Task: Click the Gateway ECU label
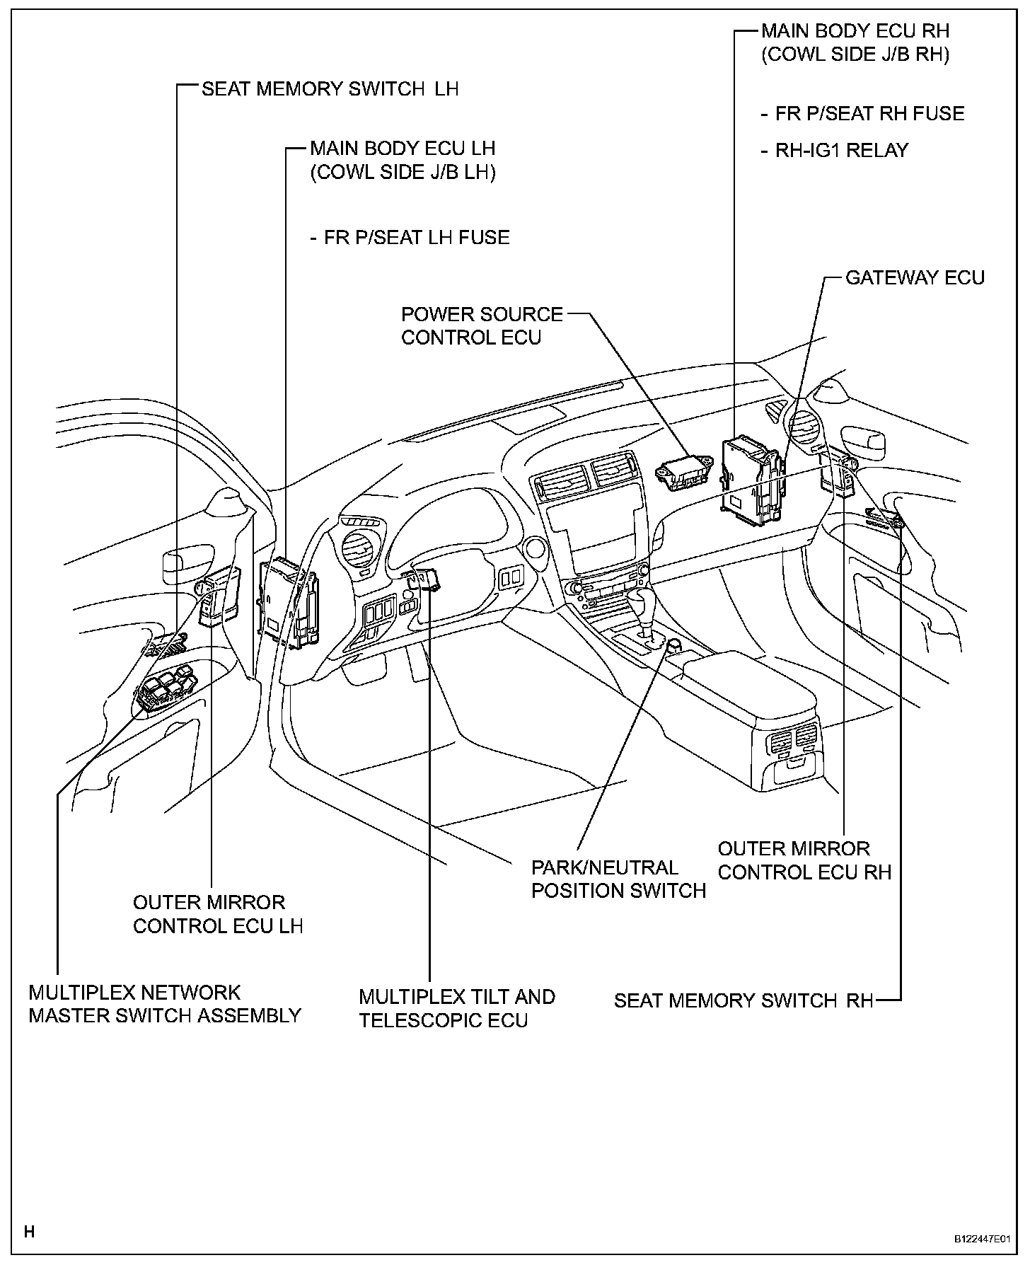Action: (x=915, y=277)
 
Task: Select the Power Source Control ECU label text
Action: (x=482, y=325)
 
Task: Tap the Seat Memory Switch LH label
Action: (x=330, y=89)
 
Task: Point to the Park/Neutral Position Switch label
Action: (x=618, y=879)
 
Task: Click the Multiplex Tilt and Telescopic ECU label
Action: (x=456, y=1008)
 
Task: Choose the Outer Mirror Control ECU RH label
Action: (x=804, y=860)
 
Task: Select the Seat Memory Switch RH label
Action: (x=743, y=1000)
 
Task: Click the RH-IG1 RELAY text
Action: (x=841, y=151)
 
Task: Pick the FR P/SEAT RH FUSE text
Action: (x=869, y=114)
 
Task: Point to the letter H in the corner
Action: (x=29, y=1232)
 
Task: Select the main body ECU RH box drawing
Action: (x=752, y=481)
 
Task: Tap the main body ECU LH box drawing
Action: (x=290, y=601)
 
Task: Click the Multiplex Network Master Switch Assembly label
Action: (x=164, y=1004)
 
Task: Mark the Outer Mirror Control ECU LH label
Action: (x=218, y=914)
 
